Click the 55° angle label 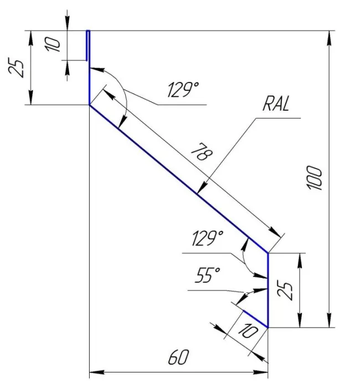(208, 275)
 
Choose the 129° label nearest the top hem (183, 90)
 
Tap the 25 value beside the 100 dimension (286, 289)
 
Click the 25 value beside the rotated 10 (18, 67)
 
